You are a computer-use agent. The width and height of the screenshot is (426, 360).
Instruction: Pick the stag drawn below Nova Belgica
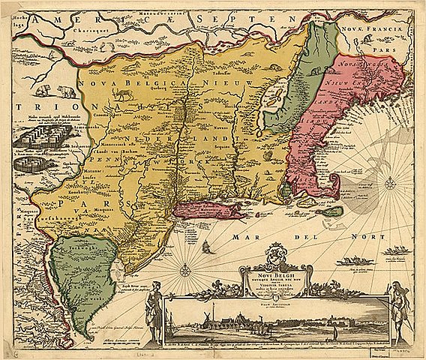[122, 95]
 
